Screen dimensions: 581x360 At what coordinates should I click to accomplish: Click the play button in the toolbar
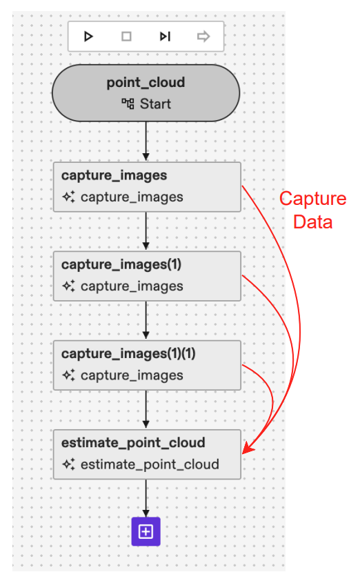point(88,37)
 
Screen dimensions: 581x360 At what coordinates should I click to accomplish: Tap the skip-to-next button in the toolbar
point(165,37)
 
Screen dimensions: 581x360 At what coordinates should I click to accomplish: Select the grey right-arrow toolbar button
point(203,37)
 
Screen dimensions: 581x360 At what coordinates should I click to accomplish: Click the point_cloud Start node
point(146,93)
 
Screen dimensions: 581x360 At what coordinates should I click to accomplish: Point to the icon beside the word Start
point(127,104)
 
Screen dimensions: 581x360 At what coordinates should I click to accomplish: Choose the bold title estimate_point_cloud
point(133,443)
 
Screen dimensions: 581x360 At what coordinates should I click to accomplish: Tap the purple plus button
point(146,531)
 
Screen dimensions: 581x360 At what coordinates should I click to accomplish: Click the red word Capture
point(312,199)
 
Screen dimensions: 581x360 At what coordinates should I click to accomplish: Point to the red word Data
point(312,222)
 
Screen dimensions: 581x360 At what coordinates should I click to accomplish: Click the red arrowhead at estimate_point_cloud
point(248,449)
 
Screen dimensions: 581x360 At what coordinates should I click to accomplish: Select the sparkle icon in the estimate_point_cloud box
point(69,464)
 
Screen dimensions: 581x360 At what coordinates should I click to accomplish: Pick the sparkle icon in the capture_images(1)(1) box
point(69,375)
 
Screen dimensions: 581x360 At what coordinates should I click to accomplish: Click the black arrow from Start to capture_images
point(146,142)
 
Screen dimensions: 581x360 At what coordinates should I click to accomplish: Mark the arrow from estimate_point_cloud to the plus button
point(146,497)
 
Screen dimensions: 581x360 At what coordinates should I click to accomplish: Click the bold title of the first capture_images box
point(114,176)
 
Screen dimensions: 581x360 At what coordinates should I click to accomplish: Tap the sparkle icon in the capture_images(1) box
point(69,286)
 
